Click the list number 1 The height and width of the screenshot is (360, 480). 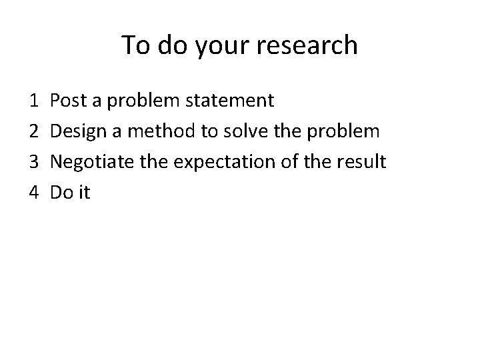(34, 101)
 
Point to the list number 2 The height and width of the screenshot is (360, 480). (34, 131)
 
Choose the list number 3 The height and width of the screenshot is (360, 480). (34, 162)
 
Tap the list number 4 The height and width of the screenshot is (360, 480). (34, 193)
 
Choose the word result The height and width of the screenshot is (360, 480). (361, 162)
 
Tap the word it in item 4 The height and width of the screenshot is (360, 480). (83, 193)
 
